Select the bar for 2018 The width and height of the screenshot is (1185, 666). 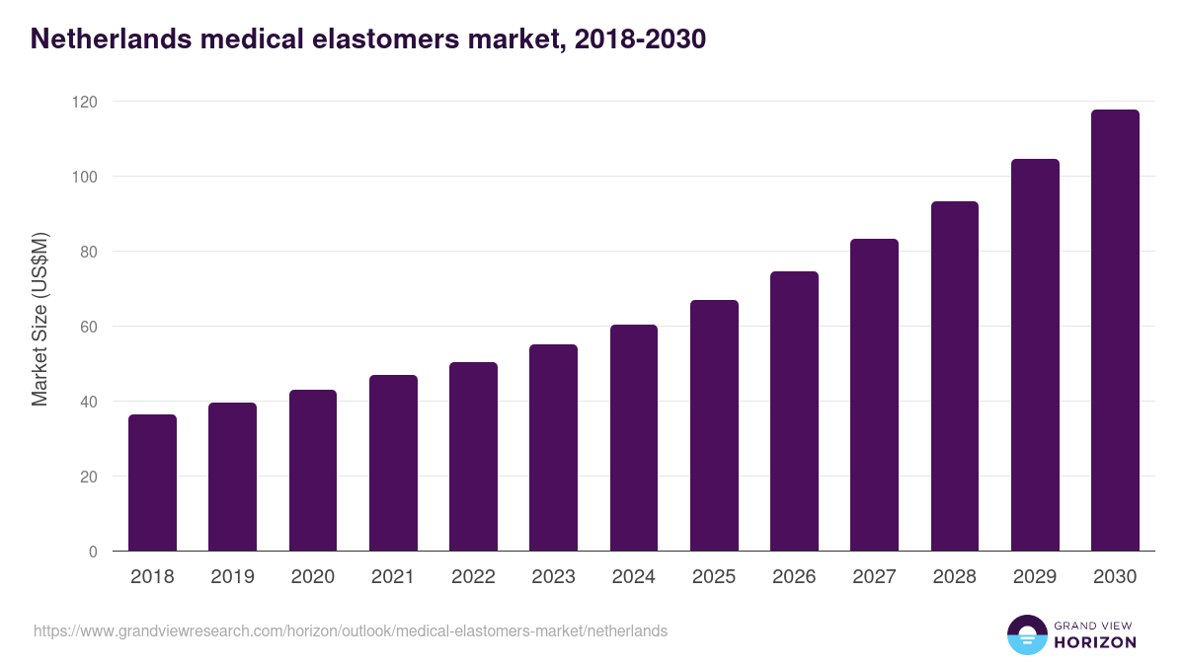(152, 482)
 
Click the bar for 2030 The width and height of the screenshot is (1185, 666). (1115, 331)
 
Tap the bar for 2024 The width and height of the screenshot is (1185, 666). (634, 438)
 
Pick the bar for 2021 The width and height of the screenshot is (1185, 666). (393, 463)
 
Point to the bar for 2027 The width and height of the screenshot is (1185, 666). (874, 395)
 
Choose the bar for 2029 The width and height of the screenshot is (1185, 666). (1035, 355)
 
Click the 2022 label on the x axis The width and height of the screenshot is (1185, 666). (473, 577)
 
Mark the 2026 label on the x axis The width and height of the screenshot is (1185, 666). (794, 577)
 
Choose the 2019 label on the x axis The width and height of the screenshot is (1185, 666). (232, 577)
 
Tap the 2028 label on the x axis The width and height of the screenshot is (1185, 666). (955, 577)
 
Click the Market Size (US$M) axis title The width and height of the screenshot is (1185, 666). (39, 320)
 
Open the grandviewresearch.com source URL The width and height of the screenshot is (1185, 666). (351, 630)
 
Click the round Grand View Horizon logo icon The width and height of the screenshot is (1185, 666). (1027, 634)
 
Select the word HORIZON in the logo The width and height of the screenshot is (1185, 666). (1095, 642)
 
